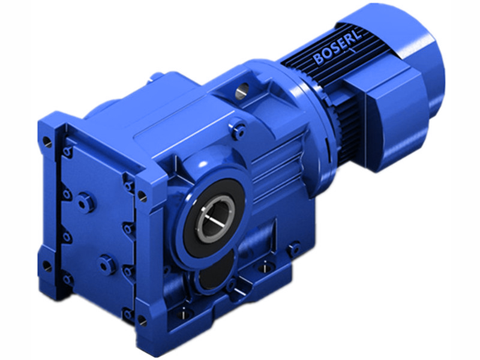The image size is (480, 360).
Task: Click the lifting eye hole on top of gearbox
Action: point(243,89)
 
